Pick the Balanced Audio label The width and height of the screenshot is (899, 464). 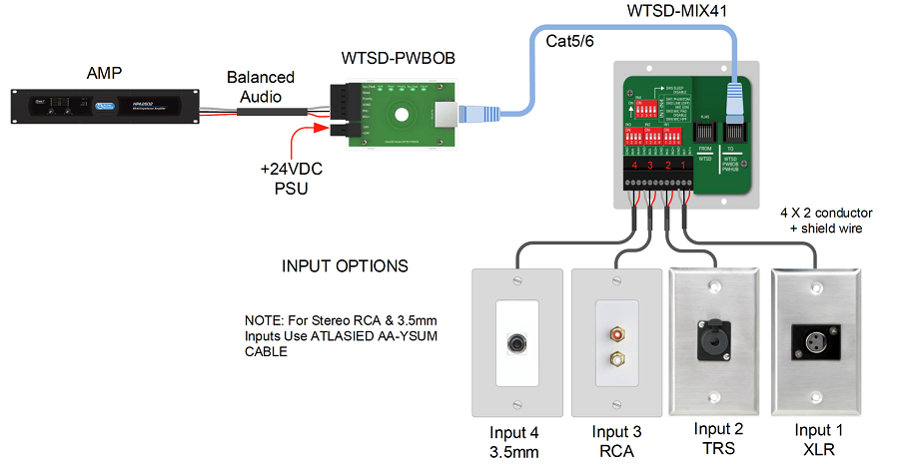(x=260, y=86)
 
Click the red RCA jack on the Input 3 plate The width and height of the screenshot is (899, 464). (x=616, y=327)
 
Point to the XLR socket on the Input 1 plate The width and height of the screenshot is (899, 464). (x=814, y=339)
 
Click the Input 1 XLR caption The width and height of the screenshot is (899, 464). (x=818, y=440)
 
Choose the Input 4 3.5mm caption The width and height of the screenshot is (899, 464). (x=517, y=441)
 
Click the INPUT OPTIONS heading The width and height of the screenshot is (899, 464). (x=345, y=266)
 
